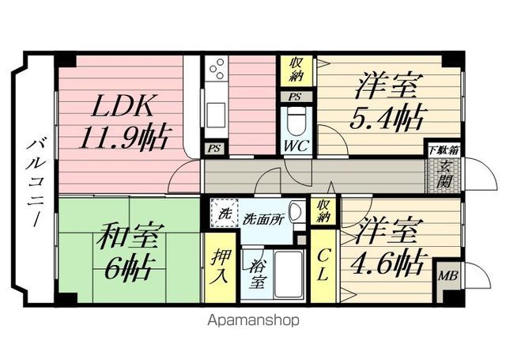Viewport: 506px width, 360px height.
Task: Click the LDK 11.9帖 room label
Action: coord(123,122)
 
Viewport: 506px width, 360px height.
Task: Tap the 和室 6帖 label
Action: coord(128,252)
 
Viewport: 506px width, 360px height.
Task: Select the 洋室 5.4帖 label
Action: coord(387,102)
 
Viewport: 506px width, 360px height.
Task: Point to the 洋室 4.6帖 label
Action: coord(387,247)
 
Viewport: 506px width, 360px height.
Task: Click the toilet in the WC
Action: coord(296,122)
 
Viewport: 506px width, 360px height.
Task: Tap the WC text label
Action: coord(296,146)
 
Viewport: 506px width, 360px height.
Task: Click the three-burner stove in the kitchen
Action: coord(216,69)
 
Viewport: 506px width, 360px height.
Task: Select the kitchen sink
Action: coord(216,116)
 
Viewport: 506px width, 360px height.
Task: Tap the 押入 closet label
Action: coord(221,267)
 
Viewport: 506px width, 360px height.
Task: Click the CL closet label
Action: coord(323,266)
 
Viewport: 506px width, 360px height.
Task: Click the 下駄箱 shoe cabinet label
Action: coord(444,150)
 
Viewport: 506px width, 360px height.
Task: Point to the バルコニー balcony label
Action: coord(36,183)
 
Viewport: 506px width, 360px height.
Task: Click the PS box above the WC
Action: coord(295,97)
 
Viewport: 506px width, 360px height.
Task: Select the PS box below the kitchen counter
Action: coord(214,149)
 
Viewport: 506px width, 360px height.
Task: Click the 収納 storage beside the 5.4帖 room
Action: coord(296,70)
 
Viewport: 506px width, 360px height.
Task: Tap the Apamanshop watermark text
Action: coord(253,320)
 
